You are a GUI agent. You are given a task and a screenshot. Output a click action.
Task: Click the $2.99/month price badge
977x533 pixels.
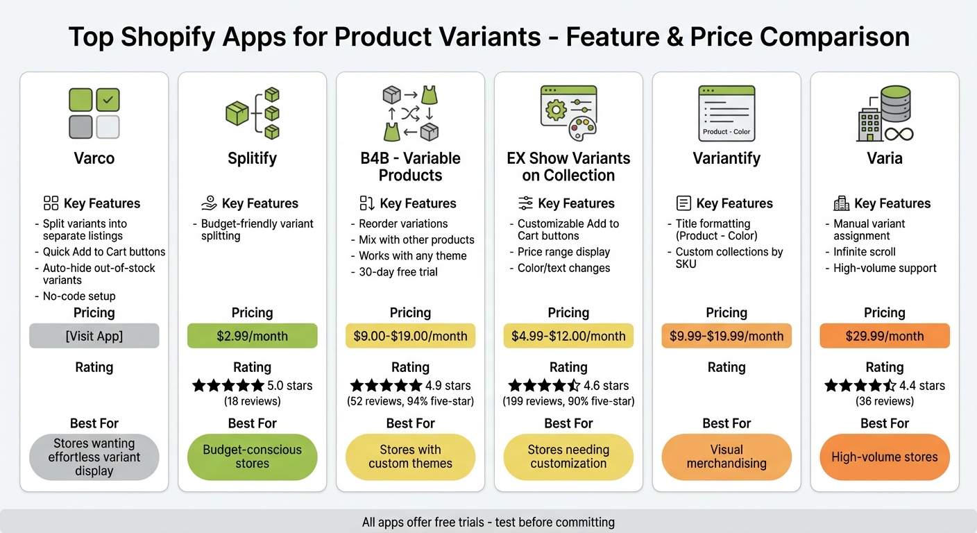[x=252, y=336]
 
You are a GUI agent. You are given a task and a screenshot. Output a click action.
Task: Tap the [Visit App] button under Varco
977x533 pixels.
[x=94, y=336]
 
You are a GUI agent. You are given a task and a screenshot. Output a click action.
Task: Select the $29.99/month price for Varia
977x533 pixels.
[x=885, y=336]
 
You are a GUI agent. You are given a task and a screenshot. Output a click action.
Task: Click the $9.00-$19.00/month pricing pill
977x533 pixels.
[x=410, y=336]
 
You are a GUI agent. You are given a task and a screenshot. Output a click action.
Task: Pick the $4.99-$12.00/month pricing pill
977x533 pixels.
[x=568, y=336]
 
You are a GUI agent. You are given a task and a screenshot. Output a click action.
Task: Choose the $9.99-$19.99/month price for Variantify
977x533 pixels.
[x=727, y=336]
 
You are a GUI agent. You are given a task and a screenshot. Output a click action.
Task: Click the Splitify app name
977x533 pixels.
[x=252, y=158]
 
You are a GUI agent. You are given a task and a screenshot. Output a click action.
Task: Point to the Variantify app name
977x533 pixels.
[x=727, y=158]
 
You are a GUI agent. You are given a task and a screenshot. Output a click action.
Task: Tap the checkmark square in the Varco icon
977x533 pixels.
[x=108, y=100]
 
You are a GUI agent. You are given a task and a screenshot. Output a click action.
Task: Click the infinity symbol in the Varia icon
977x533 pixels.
[x=898, y=133]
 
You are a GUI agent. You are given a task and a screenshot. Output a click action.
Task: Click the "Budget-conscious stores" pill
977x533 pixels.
[x=252, y=457]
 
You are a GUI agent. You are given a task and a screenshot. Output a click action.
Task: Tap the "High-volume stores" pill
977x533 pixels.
[x=885, y=457]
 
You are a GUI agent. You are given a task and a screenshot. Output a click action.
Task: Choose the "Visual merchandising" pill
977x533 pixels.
[x=727, y=457]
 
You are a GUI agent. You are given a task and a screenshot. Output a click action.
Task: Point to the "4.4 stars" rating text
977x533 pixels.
[x=921, y=386]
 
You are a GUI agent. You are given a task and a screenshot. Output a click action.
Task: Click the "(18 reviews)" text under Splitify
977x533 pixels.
[x=252, y=401]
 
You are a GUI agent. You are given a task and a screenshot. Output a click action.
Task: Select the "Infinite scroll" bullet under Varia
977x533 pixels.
[x=864, y=252]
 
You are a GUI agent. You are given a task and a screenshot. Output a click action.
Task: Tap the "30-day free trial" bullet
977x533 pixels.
[x=398, y=272]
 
